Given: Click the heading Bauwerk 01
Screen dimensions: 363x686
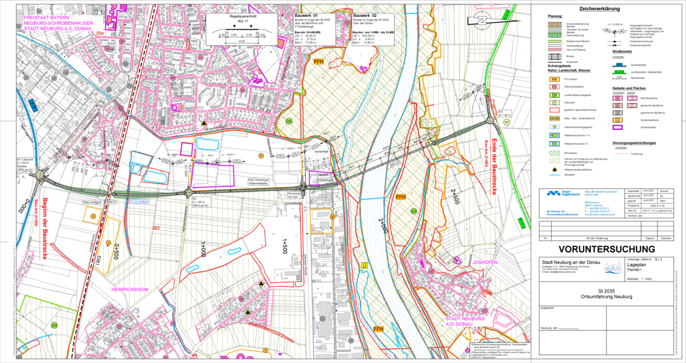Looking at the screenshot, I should click(x=306, y=15).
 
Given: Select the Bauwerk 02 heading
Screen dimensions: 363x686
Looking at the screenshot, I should click(x=365, y=15).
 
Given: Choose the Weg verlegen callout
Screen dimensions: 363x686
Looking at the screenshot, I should click(x=94, y=203).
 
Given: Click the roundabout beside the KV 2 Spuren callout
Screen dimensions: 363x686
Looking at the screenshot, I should click(x=40, y=174).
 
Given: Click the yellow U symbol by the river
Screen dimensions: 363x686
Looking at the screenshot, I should click(x=365, y=265).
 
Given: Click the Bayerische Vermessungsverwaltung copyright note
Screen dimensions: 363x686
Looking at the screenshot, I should click(x=499, y=346).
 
